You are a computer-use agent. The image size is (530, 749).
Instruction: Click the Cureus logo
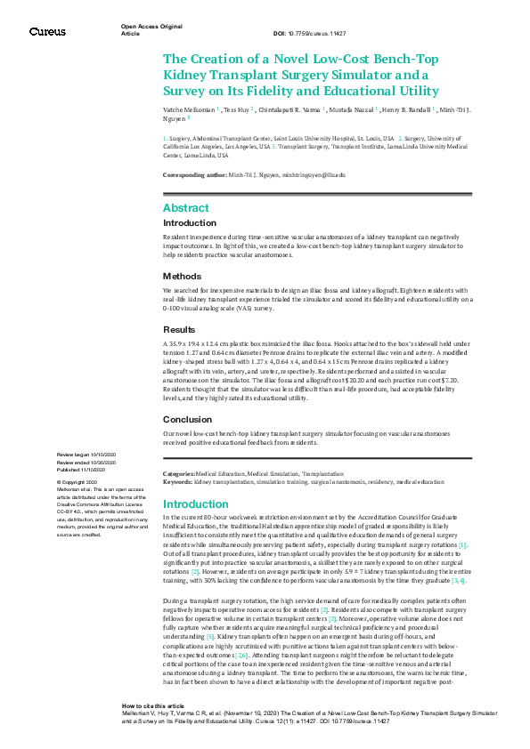(x=47, y=31)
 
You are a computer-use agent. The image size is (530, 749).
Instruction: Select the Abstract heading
(x=186, y=207)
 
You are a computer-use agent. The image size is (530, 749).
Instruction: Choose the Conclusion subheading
(x=188, y=419)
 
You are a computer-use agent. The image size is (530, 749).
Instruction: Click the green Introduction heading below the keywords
(x=195, y=504)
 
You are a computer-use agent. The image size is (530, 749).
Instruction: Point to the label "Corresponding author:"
(x=194, y=176)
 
